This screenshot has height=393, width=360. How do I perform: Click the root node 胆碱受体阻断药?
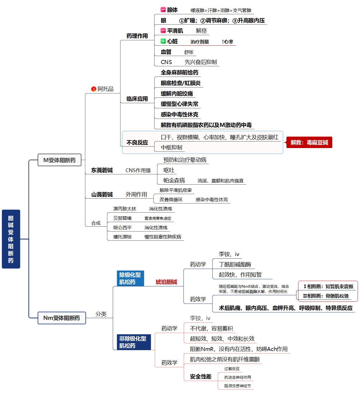point(11,239)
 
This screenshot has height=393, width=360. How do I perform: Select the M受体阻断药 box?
point(60,160)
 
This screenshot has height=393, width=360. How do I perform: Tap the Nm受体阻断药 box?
point(62,318)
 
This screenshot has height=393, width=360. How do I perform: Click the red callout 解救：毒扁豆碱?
point(309,142)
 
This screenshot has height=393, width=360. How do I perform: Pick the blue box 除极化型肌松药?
point(130,278)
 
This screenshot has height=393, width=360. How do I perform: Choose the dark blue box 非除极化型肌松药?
point(133,342)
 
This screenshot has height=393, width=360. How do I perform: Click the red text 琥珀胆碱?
point(166,282)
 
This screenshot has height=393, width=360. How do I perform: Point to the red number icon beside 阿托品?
point(94,89)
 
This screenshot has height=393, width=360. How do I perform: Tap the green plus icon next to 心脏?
point(163,41)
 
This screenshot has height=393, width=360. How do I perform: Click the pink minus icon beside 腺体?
point(163,10)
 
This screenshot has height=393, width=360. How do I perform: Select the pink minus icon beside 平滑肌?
point(163,31)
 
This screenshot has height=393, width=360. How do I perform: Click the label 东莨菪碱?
point(102,170)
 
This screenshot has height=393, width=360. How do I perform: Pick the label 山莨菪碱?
point(102,195)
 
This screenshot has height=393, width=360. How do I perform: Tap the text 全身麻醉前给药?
point(179,73)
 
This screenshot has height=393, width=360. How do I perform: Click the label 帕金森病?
point(174,181)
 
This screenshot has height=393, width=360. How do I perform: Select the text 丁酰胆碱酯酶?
point(235,265)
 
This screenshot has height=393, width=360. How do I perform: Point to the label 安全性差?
point(201,377)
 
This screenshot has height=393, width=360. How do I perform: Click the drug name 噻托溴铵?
point(122,237)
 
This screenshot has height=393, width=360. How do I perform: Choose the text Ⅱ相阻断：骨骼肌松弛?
point(326,296)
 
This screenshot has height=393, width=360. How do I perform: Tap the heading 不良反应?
point(137,143)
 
